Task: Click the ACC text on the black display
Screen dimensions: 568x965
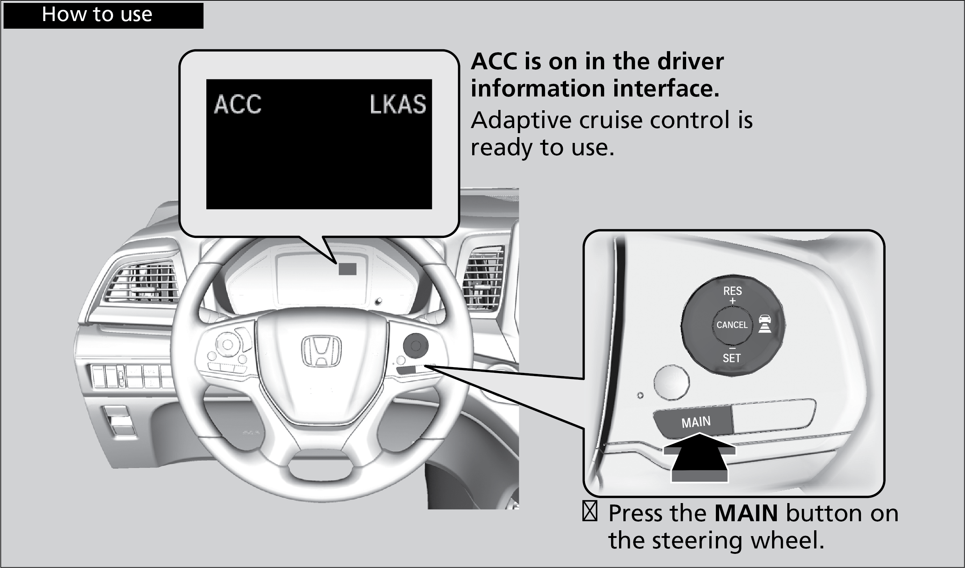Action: point(238,104)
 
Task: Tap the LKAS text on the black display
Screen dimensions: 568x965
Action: point(398,104)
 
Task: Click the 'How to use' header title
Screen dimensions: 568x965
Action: point(97,15)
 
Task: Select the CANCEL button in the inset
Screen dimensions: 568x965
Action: point(732,325)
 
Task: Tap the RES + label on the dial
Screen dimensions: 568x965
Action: point(732,295)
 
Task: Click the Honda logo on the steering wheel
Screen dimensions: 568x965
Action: point(321,351)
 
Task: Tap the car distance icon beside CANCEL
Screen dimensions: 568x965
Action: point(765,324)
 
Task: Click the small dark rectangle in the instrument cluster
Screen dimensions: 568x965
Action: point(347,269)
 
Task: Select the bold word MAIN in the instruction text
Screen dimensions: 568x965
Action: point(746,513)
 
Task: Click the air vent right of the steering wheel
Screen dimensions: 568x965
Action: point(483,278)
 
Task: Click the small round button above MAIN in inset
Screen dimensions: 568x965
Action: point(671,382)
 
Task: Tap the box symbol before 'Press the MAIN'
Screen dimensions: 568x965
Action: point(590,512)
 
